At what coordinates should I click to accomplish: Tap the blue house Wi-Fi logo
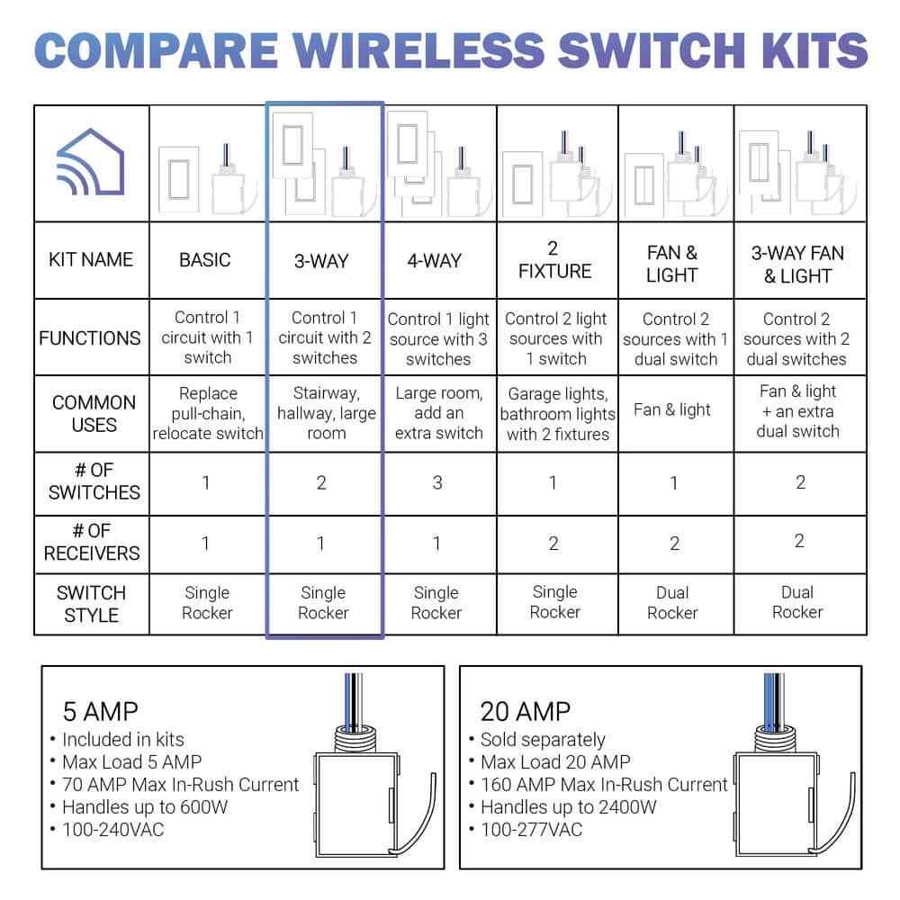(x=91, y=163)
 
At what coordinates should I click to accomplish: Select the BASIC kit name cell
(x=205, y=260)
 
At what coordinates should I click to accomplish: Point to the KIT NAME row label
(x=91, y=260)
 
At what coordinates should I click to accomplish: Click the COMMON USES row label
(x=94, y=413)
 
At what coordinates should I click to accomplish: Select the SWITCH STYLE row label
(x=91, y=604)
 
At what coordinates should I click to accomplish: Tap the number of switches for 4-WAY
(x=437, y=482)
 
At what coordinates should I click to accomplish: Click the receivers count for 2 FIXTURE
(x=553, y=543)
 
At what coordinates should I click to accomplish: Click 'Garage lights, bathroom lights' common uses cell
(x=557, y=414)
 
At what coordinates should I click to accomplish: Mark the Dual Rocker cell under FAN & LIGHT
(x=672, y=603)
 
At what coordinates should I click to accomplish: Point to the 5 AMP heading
(x=100, y=712)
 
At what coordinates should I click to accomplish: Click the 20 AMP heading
(x=525, y=712)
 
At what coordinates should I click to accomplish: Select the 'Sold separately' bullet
(x=542, y=740)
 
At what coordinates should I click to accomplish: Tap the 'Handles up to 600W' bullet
(x=144, y=806)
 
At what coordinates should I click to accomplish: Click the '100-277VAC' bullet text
(x=531, y=829)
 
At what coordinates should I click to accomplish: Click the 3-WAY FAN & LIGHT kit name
(x=797, y=265)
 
